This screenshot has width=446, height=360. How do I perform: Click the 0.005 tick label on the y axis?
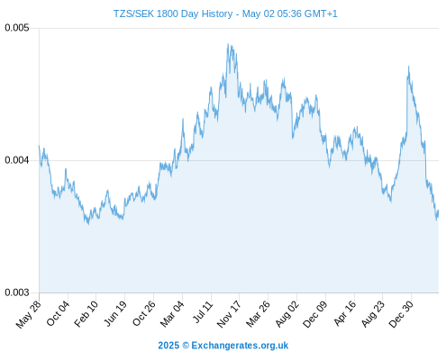(x=17, y=28)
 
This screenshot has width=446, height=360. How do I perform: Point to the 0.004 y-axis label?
(x=17, y=160)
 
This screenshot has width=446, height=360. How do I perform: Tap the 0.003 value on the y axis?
(x=17, y=292)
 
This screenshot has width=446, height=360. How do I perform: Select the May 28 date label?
(x=29, y=314)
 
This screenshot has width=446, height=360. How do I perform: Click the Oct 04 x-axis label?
(x=58, y=313)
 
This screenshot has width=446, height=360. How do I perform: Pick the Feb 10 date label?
(x=86, y=314)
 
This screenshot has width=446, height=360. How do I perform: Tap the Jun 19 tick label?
(x=115, y=313)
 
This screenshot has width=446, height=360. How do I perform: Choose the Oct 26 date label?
(x=144, y=313)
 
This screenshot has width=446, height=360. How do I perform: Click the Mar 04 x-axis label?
(x=172, y=314)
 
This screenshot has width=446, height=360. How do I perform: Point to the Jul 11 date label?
(x=203, y=312)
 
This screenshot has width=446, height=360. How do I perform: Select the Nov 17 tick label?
(x=229, y=314)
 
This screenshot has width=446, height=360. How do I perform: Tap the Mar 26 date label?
(x=258, y=314)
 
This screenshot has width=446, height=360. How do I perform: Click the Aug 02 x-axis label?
(x=287, y=314)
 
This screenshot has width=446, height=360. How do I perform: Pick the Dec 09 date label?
(x=315, y=314)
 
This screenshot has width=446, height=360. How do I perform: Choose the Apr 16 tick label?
(x=345, y=313)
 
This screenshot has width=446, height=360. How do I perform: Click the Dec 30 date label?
(x=401, y=314)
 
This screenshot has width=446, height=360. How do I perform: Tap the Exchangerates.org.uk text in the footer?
(x=240, y=346)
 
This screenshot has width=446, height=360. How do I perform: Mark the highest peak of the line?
(x=228, y=44)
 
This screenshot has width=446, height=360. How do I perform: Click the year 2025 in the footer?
(x=168, y=346)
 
